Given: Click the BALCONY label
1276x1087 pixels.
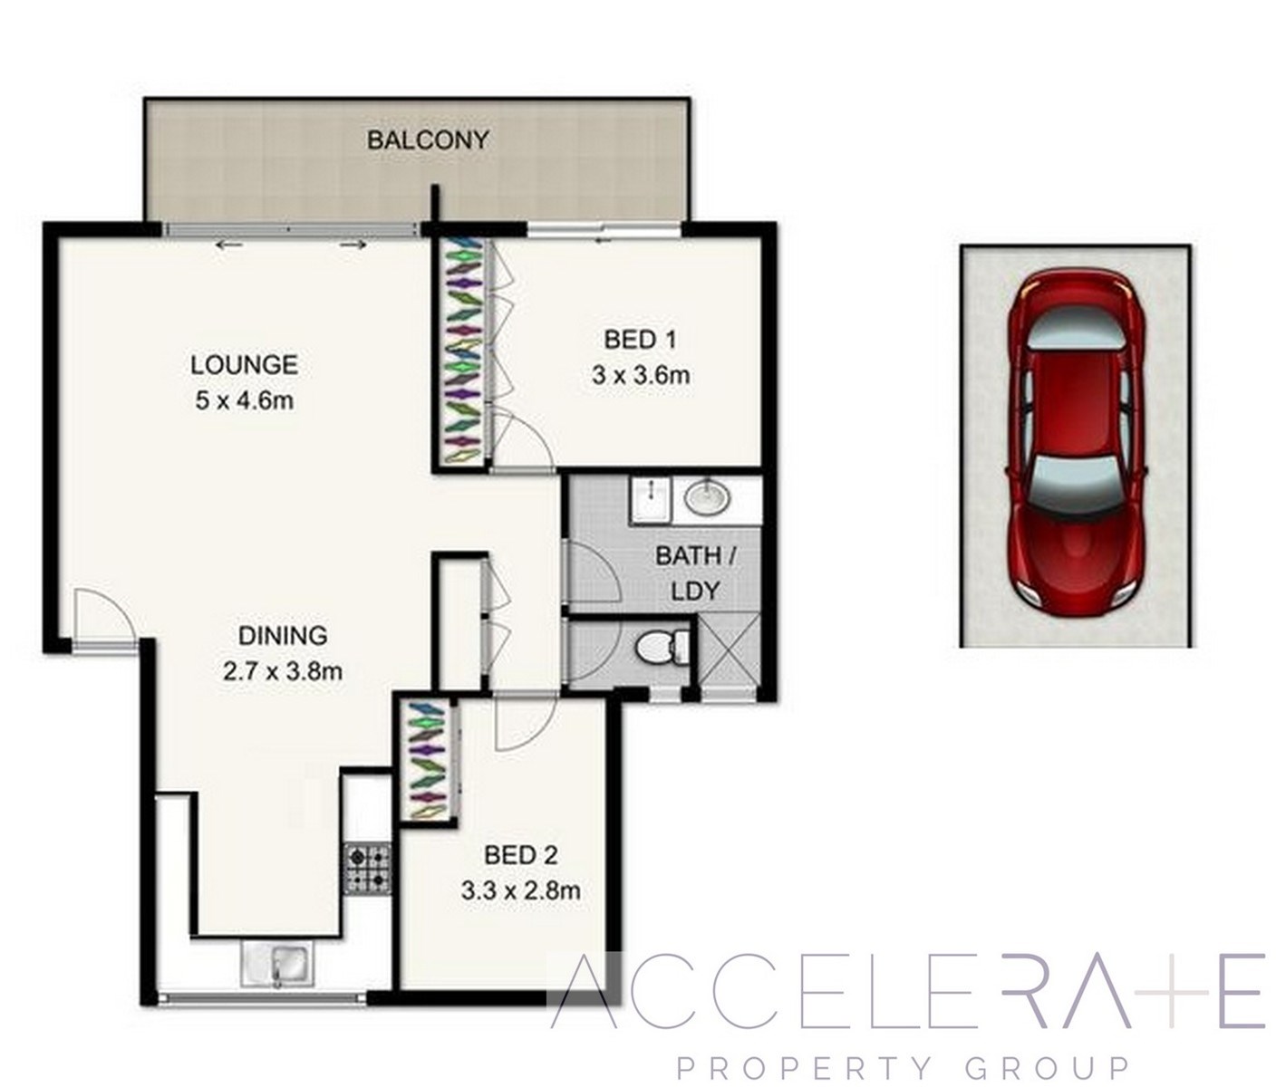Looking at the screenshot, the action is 428,140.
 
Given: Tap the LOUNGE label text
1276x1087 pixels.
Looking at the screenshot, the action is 244,364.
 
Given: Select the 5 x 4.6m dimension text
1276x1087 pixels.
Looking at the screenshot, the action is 244,401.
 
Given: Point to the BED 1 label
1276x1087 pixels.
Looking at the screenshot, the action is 640,340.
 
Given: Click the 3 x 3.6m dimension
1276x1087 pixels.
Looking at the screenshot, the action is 641,375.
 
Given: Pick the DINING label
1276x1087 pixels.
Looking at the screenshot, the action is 283,635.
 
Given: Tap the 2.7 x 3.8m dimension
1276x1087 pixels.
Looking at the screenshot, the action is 283,671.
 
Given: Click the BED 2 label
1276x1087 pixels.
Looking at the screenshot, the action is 521,855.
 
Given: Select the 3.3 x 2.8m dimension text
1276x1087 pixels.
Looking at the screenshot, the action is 520,890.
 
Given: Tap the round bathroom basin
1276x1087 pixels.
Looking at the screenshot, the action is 708,497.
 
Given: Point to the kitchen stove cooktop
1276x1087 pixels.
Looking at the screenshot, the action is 367,871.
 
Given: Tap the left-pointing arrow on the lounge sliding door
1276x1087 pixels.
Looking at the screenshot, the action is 229,245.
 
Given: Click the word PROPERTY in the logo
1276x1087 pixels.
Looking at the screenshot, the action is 804,1067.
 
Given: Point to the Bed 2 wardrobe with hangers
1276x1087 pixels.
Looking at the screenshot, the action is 429,761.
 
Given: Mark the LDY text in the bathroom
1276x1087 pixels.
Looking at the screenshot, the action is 695,592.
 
